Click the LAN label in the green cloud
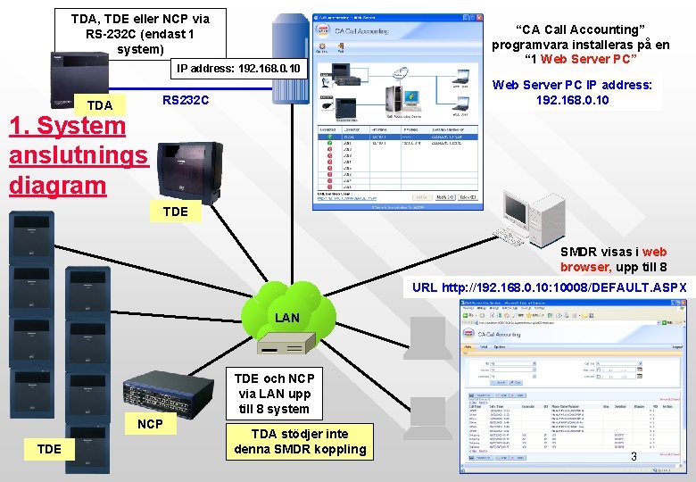(287, 318)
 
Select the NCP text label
(150, 423)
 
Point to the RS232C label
(186, 101)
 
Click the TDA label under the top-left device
(100, 105)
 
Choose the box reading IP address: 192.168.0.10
(239, 68)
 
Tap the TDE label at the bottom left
(50, 448)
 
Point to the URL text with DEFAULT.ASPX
(550, 287)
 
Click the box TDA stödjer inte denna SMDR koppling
(300, 441)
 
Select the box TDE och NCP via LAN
(274, 394)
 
